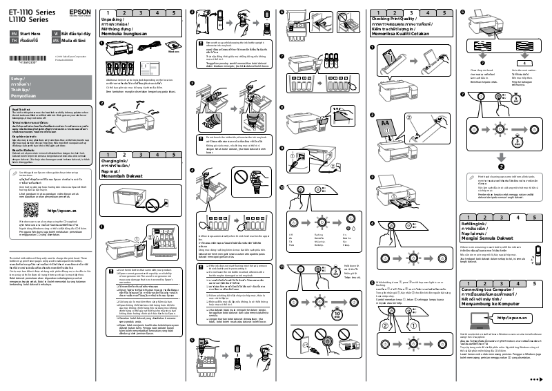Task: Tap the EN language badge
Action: click(13, 33)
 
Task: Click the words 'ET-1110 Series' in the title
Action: click(30, 10)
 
